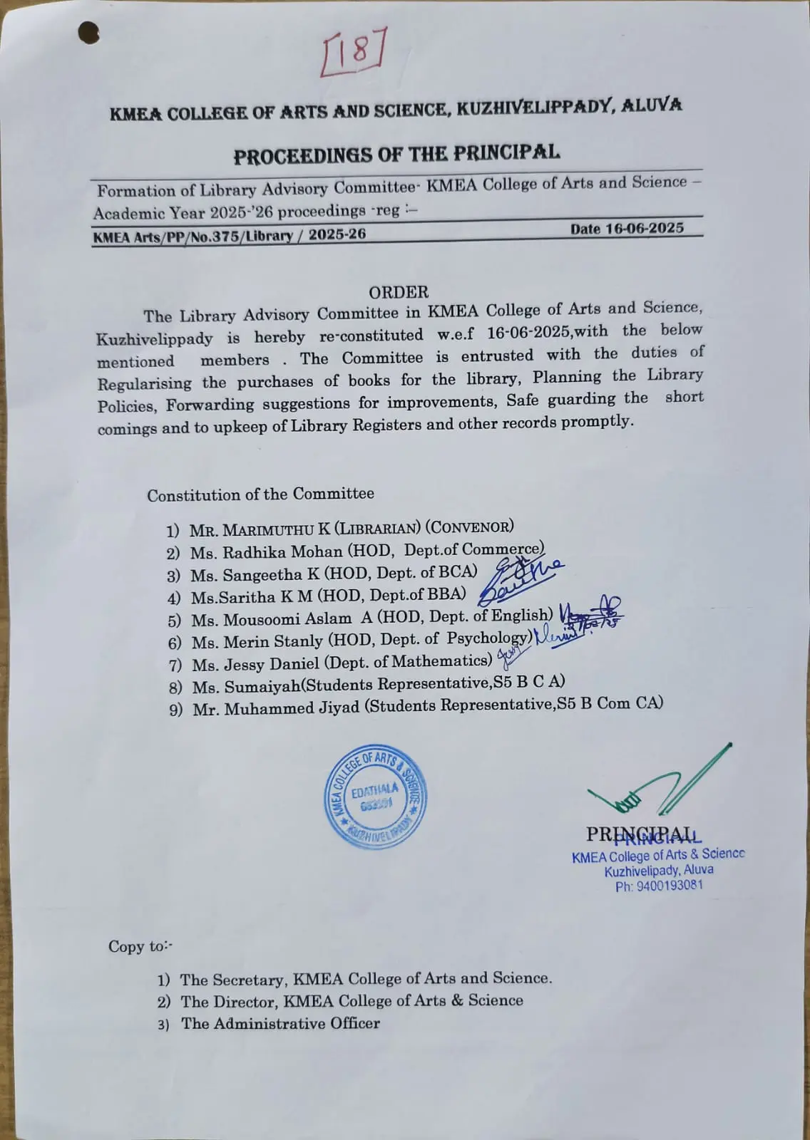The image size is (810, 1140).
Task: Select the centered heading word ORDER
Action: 399,292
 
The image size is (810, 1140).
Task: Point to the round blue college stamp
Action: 375,797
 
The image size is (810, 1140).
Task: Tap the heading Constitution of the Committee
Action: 260,494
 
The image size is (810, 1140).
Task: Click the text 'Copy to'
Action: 138,946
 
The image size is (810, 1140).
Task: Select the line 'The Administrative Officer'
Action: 280,1024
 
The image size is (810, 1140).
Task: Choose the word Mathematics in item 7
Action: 442,661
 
